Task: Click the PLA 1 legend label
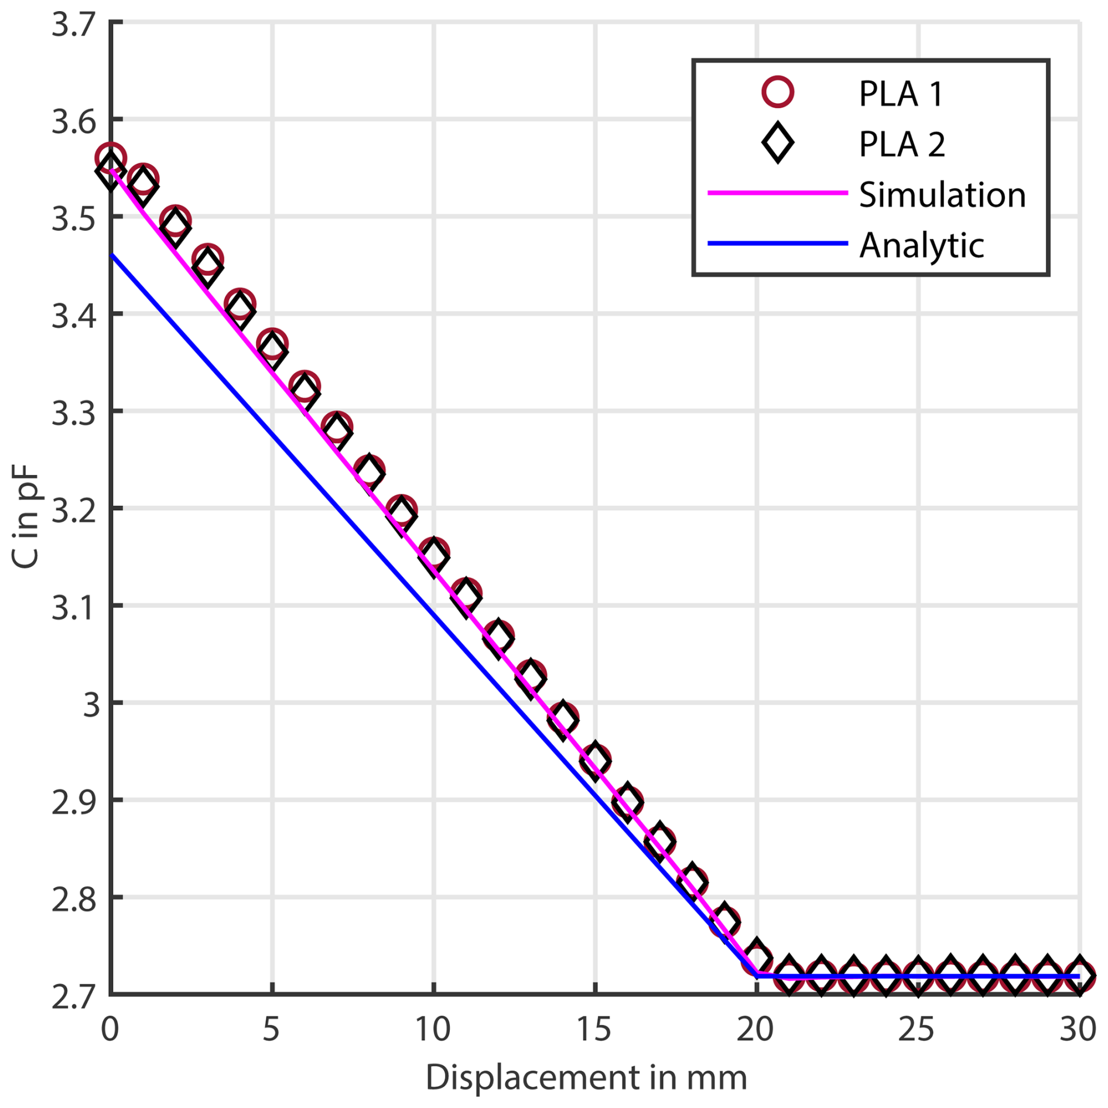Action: pyautogui.click(x=900, y=94)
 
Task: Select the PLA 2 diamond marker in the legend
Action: pyautogui.click(x=777, y=143)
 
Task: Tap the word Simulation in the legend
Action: pyautogui.click(x=942, y=194)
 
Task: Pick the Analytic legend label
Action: pyautogui.click(x=921, y=245)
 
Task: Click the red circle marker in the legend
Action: pyautogui.click(x=777, y=93)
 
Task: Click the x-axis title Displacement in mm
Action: pyautogui.click(x=586, y=1077)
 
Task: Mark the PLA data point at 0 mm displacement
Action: pyautogui.click(x=110, y=164)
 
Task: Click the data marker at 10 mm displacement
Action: pyautogui.click(x=433, y=553)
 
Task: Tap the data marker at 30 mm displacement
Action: pyautogui.click(x=1078, y=976)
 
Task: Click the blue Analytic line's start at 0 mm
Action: pyautogui.click(x=111, y=255)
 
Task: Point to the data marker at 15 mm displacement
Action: pyautogui.click(x=595, y=760)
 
